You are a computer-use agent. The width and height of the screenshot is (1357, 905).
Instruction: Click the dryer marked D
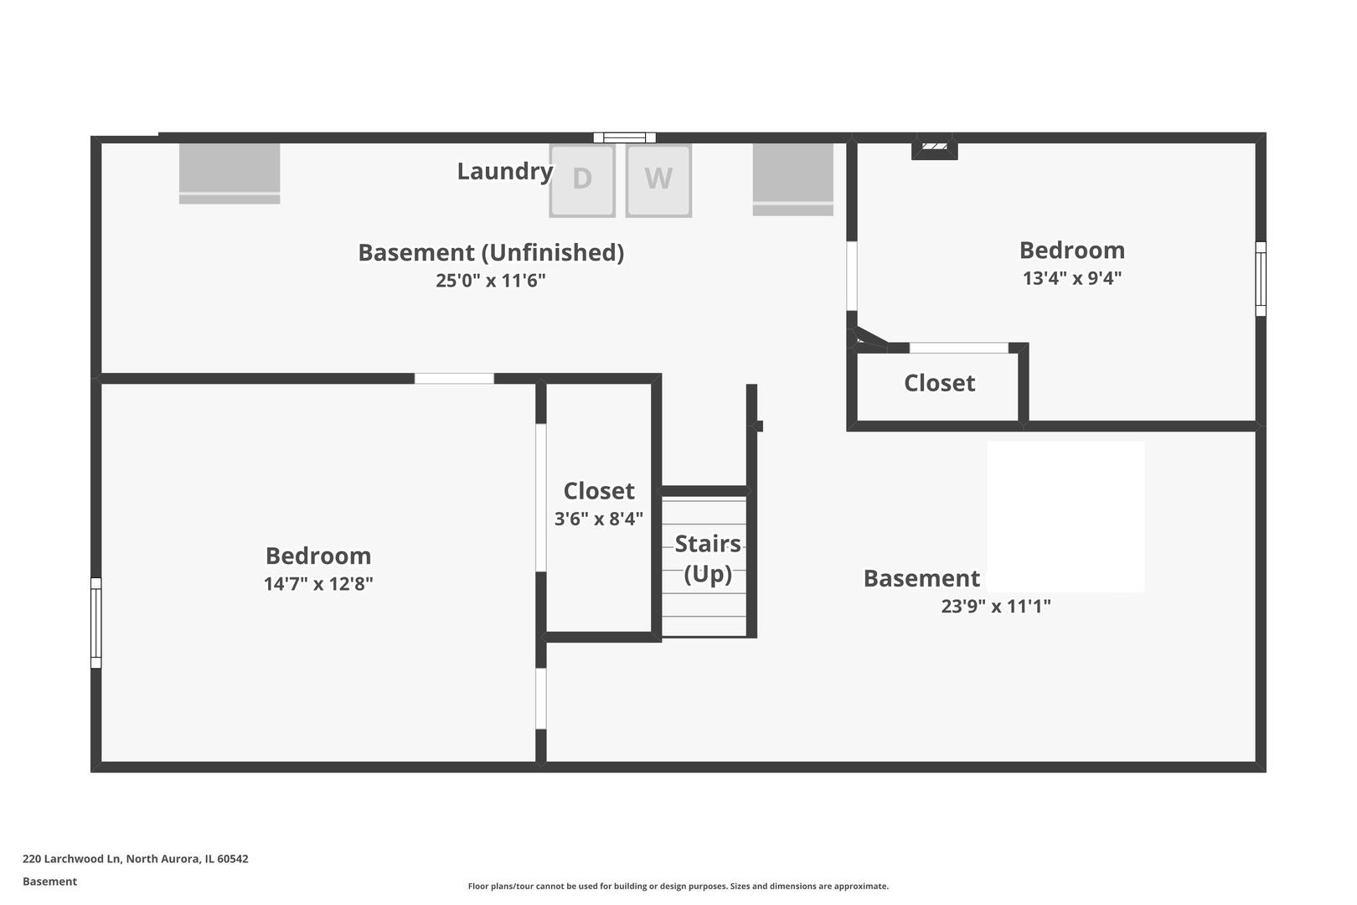(x=582, y=180)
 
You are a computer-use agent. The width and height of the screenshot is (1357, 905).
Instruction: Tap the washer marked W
(x=658, y=180)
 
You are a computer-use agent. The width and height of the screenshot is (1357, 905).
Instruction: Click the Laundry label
(x=504, y=171)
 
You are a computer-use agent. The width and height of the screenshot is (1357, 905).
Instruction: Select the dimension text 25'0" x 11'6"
(x=490, y=281)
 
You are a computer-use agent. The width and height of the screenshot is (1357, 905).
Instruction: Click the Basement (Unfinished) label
(x=490, y=252)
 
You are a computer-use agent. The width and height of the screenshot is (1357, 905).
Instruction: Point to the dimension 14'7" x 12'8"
(x=318, y=584)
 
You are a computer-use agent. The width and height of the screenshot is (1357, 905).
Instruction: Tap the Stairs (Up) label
(x=708, y=558)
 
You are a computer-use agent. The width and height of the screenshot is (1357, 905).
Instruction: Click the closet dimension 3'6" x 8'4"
(x=599, y=519)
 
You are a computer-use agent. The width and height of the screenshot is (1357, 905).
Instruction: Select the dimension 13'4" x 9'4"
(x=1071, y=278)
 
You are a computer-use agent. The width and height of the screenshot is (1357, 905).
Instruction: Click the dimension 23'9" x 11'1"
(x=995, y=607)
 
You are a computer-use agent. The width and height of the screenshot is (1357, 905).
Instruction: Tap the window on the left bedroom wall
(x=95, y=623)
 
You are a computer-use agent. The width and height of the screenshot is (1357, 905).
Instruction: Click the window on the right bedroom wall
(x=1260, y=279)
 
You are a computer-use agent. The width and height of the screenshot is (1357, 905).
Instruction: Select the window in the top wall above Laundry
(x=624, y=137)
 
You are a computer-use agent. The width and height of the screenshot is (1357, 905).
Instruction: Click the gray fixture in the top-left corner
(x=230, y=173)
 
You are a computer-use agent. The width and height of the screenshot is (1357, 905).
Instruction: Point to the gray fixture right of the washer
(x=792, y=178)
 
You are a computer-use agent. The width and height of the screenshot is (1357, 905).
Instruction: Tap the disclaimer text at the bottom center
(x=678, y=886)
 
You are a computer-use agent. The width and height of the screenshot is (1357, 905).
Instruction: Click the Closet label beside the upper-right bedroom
(x=939, y=384)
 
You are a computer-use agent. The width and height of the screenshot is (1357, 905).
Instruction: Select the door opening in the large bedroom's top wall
(x=454, y=379)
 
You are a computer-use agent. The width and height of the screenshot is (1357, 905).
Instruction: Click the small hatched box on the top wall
(x=934, y=147)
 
